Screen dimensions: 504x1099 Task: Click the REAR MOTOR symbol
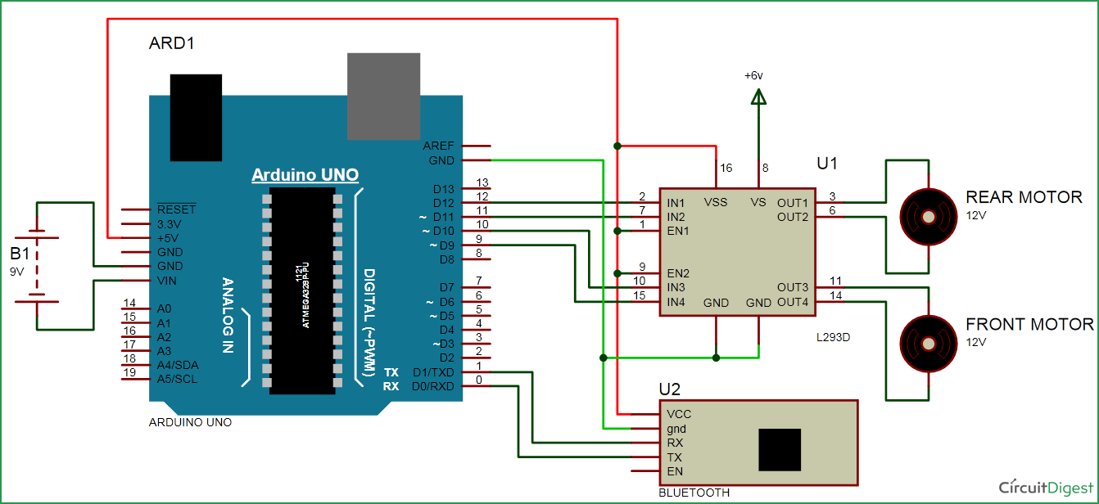[x=929, y=217]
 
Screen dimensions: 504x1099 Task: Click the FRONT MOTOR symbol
[x=929, y=344]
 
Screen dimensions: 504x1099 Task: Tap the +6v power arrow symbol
[x=758, y=97]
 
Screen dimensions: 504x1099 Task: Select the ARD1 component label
[x=172, y=43]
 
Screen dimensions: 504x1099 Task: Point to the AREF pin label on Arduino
[x=438, y=146]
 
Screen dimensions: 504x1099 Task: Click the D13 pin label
[x=443, y=189]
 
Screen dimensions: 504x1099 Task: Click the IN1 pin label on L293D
[x=676, y=202]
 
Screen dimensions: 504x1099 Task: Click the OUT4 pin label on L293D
[x=793, y=302]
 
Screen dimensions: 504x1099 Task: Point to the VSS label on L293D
[x=716, y=202]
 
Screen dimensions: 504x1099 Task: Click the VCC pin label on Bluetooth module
[x=679, y=414]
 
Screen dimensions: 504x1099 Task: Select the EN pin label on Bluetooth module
[x=675, y=471]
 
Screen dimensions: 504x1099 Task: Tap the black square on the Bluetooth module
[x=780, y=450]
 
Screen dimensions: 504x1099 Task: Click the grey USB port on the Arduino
[x=383, y=96]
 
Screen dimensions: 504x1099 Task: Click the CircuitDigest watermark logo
[x=1046, y=488]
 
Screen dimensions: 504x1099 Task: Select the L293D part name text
[x=834, y=336]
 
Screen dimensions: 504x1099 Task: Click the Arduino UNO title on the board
[x=305, y=175]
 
